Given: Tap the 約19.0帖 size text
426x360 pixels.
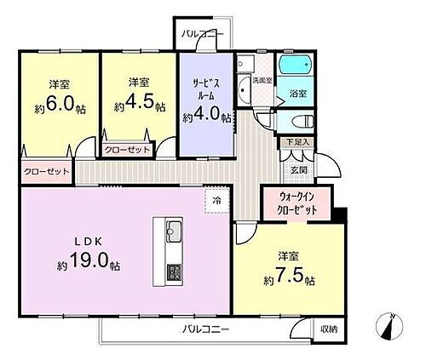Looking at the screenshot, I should click(89, 265).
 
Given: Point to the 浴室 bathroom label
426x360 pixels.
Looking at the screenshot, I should click(298, 93).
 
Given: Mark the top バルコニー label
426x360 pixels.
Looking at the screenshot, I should click(203, 34).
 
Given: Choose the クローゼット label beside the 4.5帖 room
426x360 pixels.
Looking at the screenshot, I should click(127, 150).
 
